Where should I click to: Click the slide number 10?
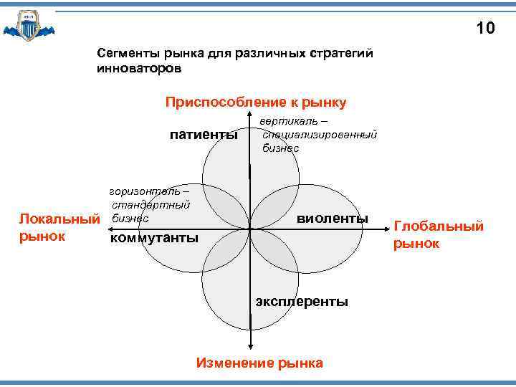[485, 29]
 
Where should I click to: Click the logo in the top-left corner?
[28, 27]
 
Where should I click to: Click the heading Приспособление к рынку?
[256, 102]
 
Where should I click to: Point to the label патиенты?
[204, 135]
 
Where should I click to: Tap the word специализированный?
[320, 135]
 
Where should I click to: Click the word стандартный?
[150, 205]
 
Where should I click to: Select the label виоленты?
[333, 218]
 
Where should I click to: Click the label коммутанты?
[153, 238]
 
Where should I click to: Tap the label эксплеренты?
[302, 302]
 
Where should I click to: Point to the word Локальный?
[58, 218]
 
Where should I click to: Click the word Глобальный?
[439, 226]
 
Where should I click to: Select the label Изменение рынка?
[259, 363]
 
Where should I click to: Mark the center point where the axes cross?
[250, 229]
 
